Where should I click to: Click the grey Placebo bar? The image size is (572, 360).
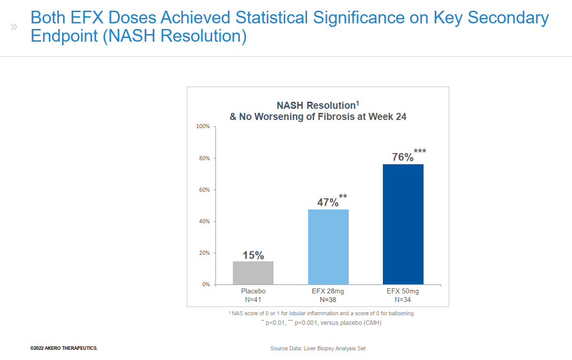pos(253,273)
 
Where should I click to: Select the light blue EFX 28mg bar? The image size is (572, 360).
pos(328,247)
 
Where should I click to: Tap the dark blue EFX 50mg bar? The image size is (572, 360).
pos(403,224)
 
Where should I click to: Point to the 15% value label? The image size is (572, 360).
pos(253,255)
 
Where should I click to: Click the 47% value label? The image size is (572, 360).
pos(328,202)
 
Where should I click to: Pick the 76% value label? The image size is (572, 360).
pos(403,157)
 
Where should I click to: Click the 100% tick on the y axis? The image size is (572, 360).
pos(203,126)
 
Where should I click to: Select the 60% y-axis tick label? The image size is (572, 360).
pos(204,190)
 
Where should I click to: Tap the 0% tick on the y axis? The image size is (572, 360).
pos(205,284)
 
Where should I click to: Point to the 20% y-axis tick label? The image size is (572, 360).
pos(204,253)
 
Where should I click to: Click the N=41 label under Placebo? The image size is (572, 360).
pos(253,299)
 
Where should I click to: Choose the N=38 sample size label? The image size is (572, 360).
pos(328,299)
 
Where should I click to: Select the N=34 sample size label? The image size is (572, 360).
pos(403,299)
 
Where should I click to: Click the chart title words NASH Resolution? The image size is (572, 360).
pos(315,106)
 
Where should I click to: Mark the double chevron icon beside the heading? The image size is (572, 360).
pos(14,26)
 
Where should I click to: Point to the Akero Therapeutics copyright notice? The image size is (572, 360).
pos(64,348)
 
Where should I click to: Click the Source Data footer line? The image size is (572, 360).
pos(318,348)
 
